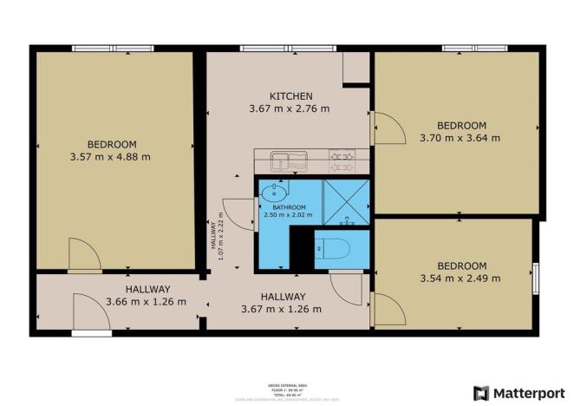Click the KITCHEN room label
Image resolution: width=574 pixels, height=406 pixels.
click(x=290, y=95)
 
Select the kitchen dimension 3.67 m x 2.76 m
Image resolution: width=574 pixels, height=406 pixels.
click(x=290, y=109)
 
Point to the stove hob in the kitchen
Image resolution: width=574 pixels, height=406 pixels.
click(x=342, y=160)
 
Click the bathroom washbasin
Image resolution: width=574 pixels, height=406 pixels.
click(x=277, y=191)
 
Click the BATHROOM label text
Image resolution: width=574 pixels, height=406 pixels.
click(x=289, y=207)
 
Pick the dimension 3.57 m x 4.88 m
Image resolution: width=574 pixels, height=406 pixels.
click(x=112, y=157)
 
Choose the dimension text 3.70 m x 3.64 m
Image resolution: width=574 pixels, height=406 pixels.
click(x=461, y=138)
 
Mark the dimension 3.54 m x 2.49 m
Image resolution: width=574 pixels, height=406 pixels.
click(x=461, y=278)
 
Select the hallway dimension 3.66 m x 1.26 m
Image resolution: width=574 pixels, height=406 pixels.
click(x=147, y=302)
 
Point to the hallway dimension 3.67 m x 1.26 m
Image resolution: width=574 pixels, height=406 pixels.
click(x=282, y=309)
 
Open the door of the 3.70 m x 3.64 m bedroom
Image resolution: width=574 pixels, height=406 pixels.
click(x=388, y=130)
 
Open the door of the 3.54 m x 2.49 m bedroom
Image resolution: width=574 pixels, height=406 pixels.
click(x=387, y=309)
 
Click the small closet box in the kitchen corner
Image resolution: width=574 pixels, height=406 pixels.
click(x=356, y=69)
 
